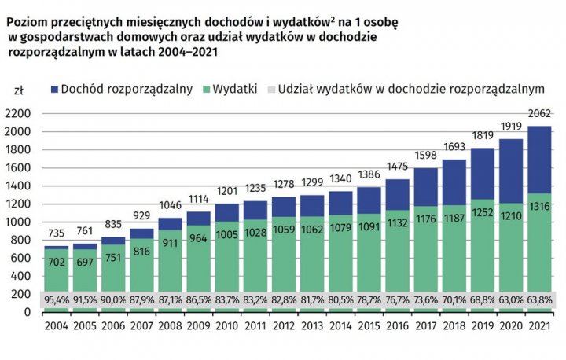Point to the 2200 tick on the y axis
coord(18,113)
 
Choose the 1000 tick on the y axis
coord(18,222)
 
